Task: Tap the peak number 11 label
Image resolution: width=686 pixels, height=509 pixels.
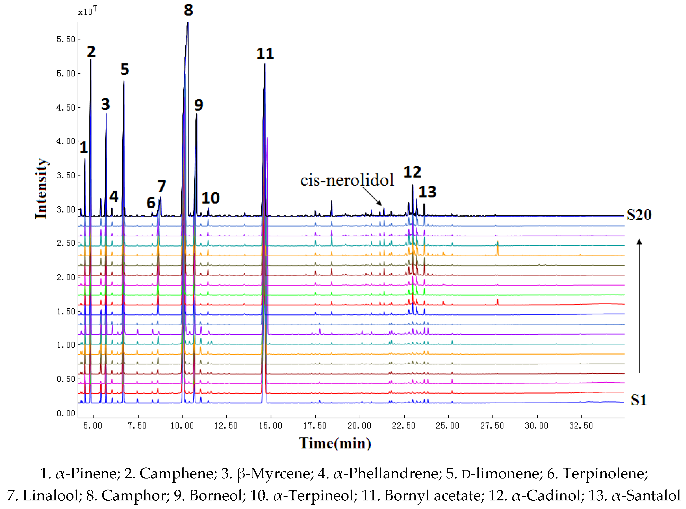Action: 265,54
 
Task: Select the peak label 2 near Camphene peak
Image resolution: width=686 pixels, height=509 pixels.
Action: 91,52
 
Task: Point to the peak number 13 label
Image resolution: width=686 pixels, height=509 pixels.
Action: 427,192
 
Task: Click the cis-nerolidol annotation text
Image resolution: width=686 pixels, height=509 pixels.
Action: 347,180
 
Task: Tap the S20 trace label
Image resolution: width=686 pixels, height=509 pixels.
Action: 639,215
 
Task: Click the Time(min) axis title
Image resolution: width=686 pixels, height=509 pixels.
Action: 335,443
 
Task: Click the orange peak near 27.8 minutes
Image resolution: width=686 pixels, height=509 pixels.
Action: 497,248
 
